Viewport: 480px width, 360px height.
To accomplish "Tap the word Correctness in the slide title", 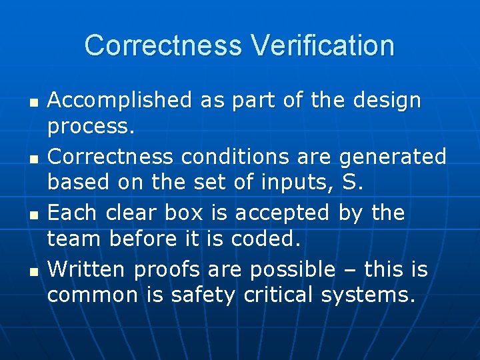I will pyautogui.click(x=163, y=45).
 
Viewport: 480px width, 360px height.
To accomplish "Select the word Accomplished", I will pyautogui.click(x=120, y=101).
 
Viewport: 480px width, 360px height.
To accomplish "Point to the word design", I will pyautogui.click(x=387, y=101).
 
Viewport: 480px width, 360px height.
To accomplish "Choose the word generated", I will pyautogui.click(x=393, y=157).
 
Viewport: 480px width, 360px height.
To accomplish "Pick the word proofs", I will pyautogui.click(x=167, y=269).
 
